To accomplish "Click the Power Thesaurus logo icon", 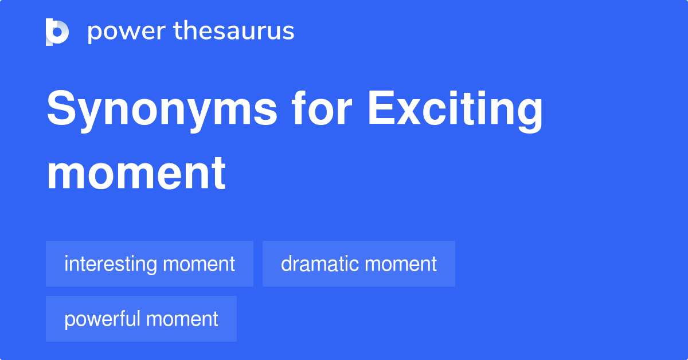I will (57, 32).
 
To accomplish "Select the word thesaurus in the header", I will (234, 32).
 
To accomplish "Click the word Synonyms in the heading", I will (162, 110).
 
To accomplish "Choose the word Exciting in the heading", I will (455, 110).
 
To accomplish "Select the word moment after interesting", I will (199, 264).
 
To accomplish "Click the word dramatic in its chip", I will (320, 264).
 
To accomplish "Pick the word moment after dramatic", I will (401, 264).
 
